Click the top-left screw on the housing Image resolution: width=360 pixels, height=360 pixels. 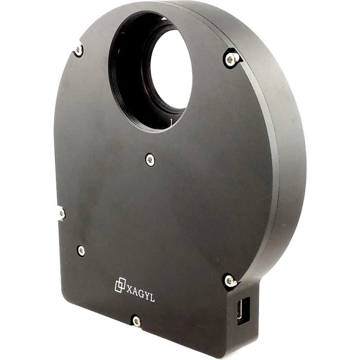pos(79,50)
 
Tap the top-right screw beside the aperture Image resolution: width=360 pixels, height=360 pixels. pos(231,58)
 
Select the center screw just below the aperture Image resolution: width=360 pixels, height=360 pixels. pos(150,159)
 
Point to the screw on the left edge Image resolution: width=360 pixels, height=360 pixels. pos(61,213)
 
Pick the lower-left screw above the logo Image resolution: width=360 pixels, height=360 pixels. pos(81,251)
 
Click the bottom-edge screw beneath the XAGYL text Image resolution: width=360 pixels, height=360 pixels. pos(136,321)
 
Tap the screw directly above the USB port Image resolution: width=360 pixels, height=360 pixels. pos(230,281)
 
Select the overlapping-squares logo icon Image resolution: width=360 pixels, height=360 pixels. pos(120,284)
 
